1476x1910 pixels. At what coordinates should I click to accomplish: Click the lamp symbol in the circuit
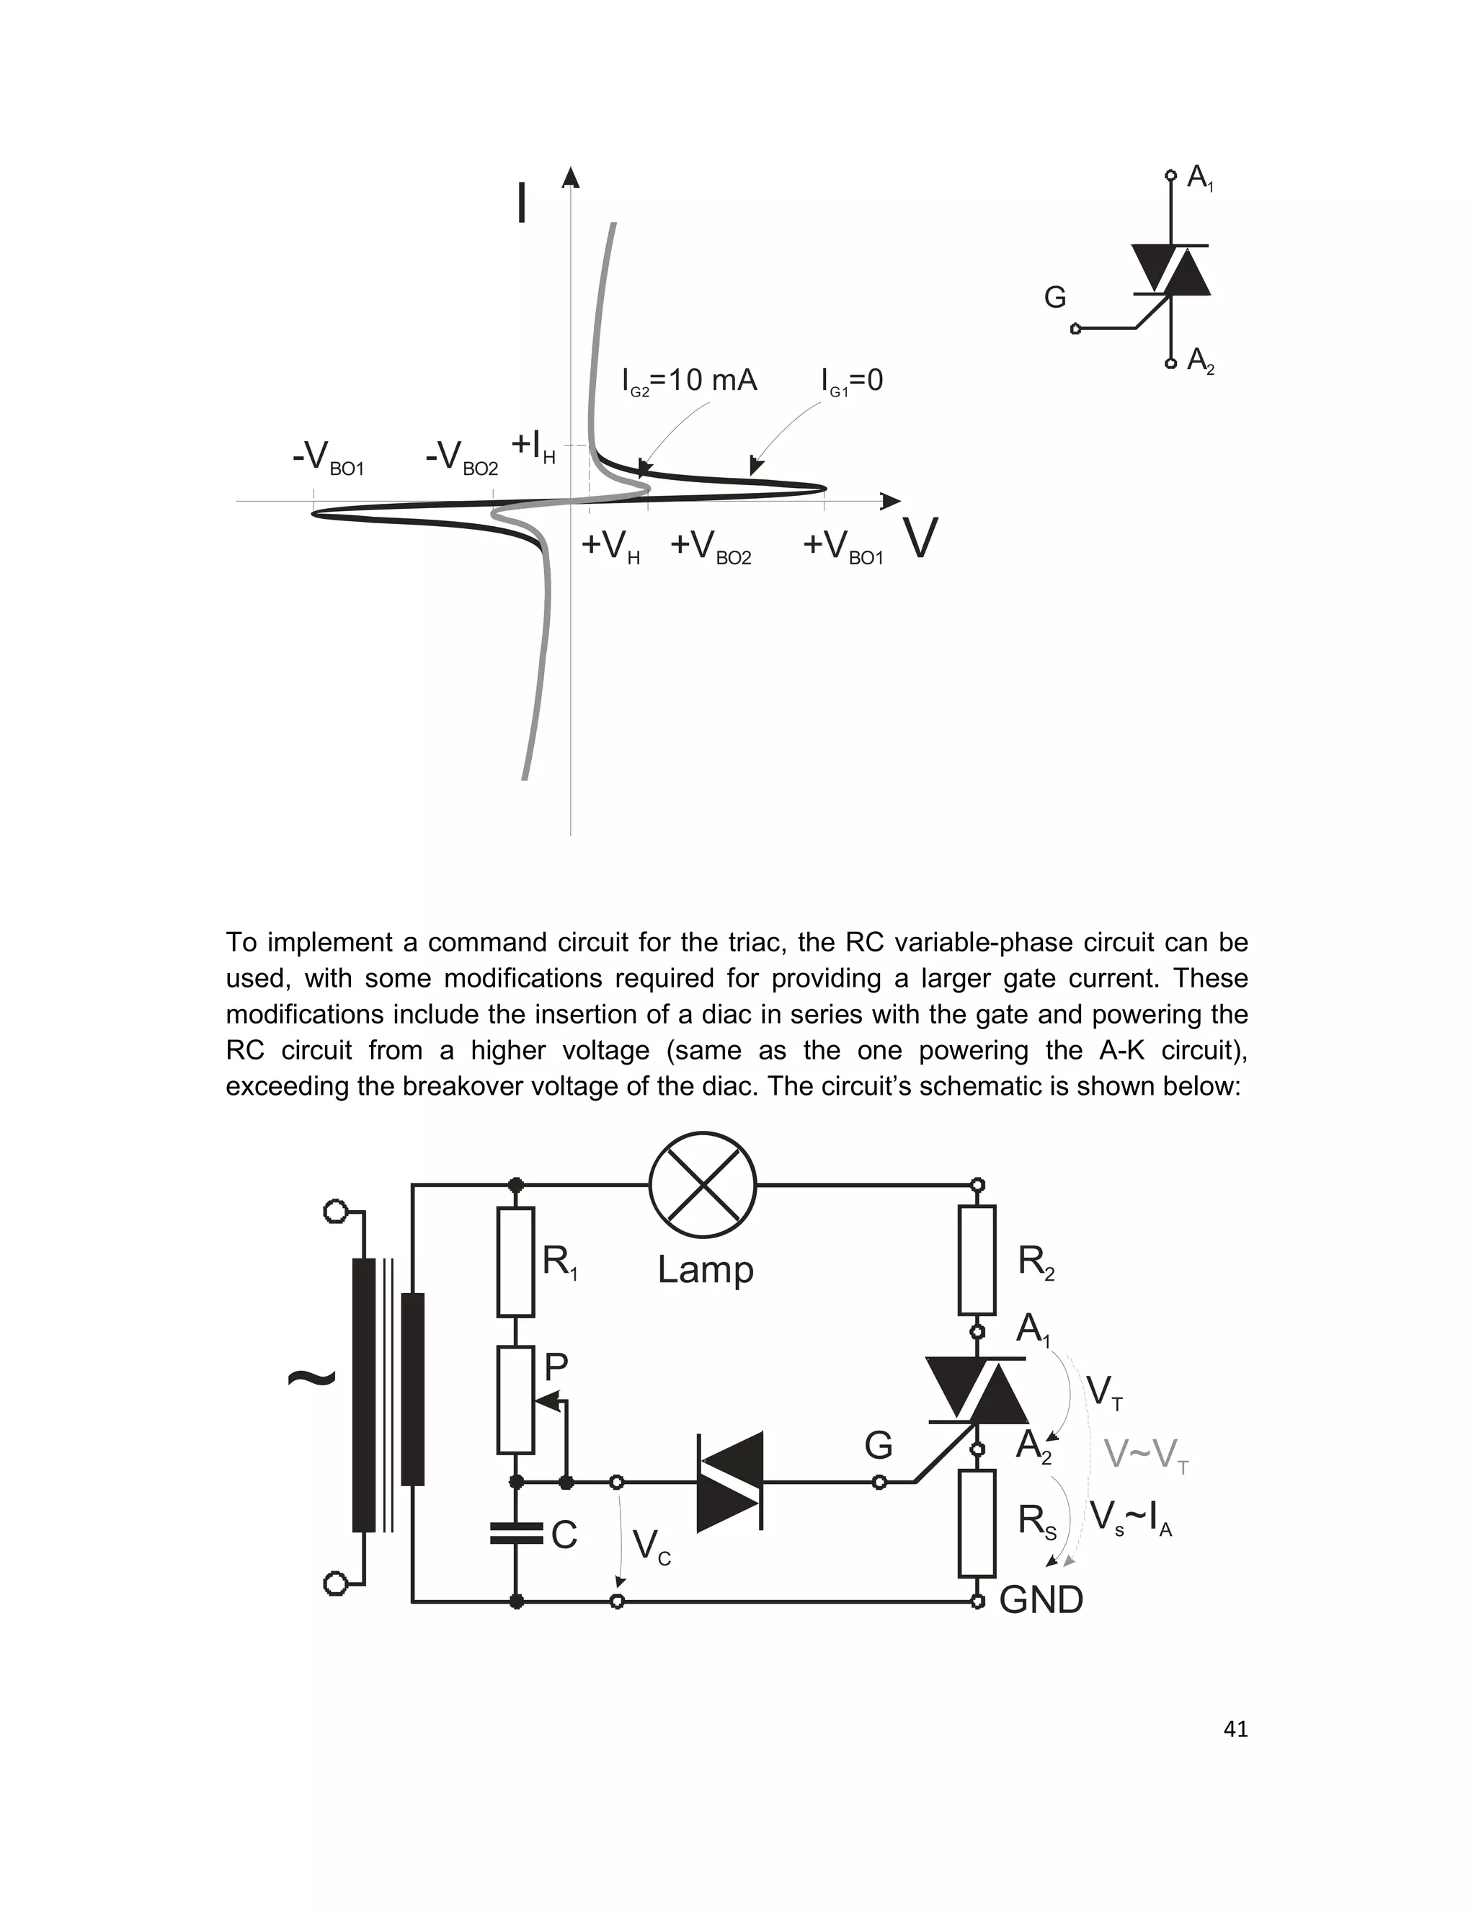[702, 1185]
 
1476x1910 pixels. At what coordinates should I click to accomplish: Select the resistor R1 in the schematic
[515, 1261]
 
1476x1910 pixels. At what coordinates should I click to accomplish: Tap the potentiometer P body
[515, 1399]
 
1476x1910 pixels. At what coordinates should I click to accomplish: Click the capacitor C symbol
[516, 1532]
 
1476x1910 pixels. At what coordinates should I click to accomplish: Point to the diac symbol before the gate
[730, 1481]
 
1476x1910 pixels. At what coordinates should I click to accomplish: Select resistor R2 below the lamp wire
[977, 1259]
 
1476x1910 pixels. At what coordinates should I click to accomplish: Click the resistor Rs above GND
[977, 1522]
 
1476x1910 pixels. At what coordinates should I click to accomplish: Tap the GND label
[1041, 1600]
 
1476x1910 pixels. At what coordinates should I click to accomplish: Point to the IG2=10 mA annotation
[689, 381]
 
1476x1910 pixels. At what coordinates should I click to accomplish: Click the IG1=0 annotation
[852, 381]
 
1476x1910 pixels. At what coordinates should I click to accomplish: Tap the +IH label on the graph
[533, 446]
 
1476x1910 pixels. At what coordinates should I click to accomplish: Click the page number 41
[1235, 1729]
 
